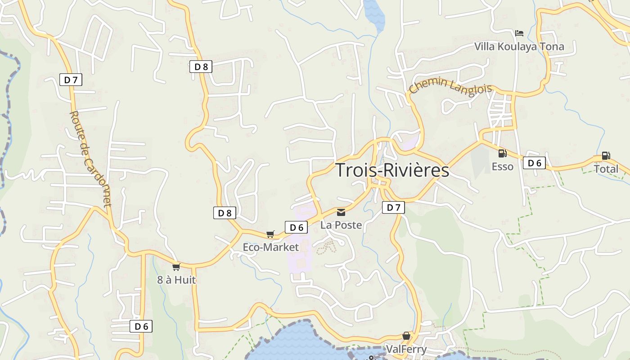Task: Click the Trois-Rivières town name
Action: click(392, 171)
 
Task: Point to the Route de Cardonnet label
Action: click(90, 159)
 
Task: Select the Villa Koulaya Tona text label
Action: click(519, 47)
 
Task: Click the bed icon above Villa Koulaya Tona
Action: click(519, 33)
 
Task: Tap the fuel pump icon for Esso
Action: click(502, 153)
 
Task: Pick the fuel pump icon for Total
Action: click(606, 156)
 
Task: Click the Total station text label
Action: click(606, 169)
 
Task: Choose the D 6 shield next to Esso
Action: click(534, 163)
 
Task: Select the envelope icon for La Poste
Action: click(341, 212)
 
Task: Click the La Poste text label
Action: click(341, 225)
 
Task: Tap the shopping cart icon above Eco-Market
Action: click(270, 234)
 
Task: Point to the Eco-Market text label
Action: click(270, 247)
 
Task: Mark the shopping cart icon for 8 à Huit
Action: click(176, 267)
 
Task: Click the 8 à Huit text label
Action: click(176, 280)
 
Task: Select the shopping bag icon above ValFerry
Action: click(406, 336)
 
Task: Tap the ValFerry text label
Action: click(406, 349)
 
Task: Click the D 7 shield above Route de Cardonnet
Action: click(71, 80)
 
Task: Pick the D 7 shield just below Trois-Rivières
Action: click(393, 207)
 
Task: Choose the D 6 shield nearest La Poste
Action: click(296, 227)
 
